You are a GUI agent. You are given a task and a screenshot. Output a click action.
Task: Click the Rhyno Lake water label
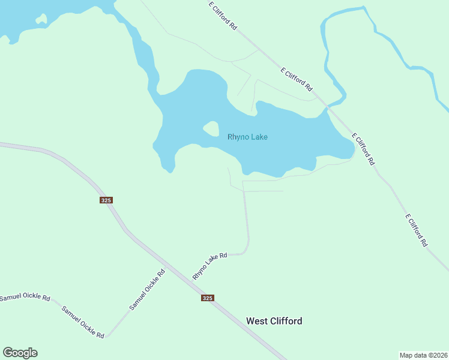247,137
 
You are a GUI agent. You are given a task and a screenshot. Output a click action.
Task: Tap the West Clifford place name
274,321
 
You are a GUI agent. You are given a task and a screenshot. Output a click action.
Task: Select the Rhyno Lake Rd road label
209,266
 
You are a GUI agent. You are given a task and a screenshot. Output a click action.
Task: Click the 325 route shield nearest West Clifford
207,298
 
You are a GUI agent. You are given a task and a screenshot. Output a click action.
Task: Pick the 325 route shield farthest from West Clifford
106,200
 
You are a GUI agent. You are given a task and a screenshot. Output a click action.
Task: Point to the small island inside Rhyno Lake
211,128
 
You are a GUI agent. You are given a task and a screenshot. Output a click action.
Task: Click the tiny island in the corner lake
41,19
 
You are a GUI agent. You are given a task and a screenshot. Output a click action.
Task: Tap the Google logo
20,353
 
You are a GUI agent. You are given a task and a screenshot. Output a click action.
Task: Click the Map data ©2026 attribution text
423,355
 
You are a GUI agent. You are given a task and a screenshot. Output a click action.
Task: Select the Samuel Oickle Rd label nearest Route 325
147,290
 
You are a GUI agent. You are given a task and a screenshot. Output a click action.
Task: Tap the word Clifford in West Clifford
286,321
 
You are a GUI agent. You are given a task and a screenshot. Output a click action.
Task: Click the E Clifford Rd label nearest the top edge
223,16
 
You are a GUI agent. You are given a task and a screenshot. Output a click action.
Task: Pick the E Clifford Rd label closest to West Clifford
415,230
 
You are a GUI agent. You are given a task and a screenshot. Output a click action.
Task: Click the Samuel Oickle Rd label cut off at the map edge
25,298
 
